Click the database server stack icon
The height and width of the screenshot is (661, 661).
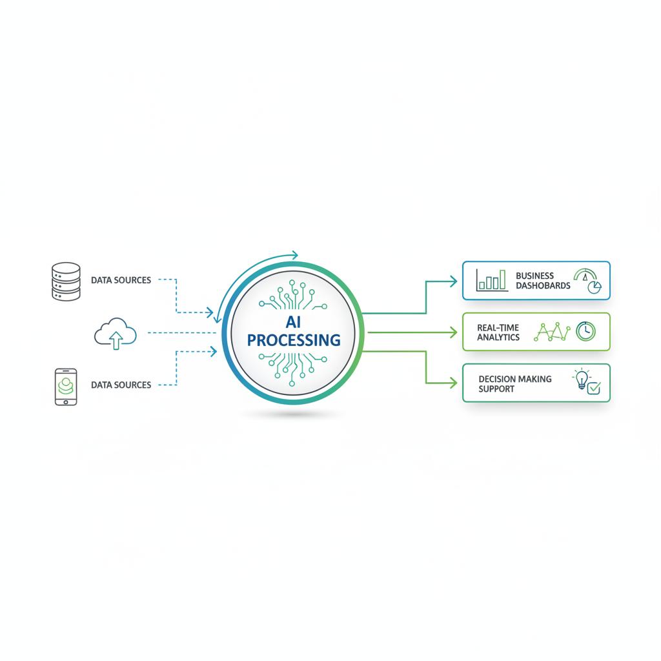coord(65,281)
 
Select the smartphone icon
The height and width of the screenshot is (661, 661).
coord(65,387)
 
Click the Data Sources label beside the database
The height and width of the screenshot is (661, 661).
coord(121,280)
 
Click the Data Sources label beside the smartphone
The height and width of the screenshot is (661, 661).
coord(121,385)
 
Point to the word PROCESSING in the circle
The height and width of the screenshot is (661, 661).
coord(294,340)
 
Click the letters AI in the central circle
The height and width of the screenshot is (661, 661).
coord(293,320)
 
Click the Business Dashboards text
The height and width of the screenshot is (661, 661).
coord(543,280)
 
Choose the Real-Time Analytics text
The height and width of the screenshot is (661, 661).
coord(498,332)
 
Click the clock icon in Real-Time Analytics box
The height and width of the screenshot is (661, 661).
coord(585,332)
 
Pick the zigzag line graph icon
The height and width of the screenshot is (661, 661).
coord(553,332)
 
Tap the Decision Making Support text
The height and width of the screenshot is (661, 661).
coord(514,383)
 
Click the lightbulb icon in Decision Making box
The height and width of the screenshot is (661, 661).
coord(582,379)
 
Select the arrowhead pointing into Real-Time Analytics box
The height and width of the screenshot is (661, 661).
coord(453,332)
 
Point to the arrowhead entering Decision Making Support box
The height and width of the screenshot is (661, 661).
coord(453,383)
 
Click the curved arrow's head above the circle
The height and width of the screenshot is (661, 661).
coord(294,255)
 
